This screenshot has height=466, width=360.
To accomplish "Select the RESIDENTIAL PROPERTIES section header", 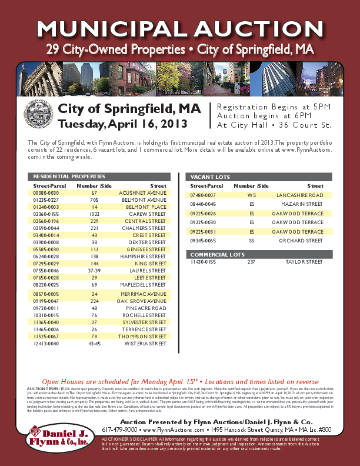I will click(69, 177).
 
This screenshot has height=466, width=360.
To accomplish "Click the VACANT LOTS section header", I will click(202, 177).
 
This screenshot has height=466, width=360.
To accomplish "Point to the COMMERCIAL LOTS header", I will click(210, 254).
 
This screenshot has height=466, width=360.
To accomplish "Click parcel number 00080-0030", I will click(46, 193).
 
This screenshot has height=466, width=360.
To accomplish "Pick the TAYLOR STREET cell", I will click(305, 261).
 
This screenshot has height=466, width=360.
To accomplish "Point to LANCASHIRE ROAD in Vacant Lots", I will click(300, 195).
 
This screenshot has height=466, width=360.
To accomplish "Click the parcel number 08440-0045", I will click(202, 204).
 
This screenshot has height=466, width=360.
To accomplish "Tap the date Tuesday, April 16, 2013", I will click(122, 124).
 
